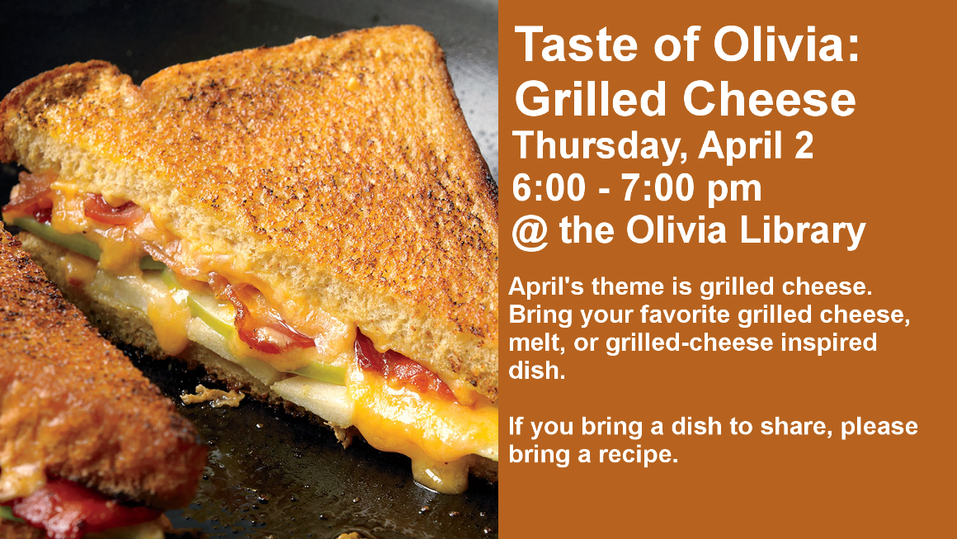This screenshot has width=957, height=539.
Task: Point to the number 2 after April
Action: (804, 145)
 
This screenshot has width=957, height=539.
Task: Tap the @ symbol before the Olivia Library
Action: (530, 233)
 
